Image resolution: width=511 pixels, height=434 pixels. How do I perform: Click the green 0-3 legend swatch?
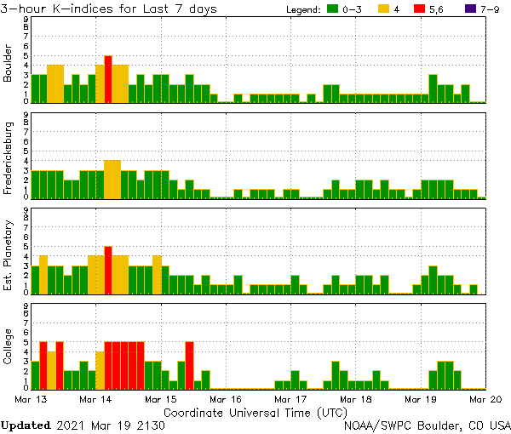click(x=334, y=9)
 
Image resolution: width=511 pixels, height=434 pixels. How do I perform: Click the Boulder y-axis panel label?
click(x=9, y=64)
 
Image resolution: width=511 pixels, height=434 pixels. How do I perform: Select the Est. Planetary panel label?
click(x=9, y=255)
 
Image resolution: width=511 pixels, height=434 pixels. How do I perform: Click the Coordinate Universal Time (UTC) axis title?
click(x=255, y=412)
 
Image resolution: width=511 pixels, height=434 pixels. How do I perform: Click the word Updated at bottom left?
click(x=25, y=425)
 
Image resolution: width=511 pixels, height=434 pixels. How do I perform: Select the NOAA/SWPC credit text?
click(x=427, y=425)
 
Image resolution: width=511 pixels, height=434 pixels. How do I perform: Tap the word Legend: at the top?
click(x=302, y=9)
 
